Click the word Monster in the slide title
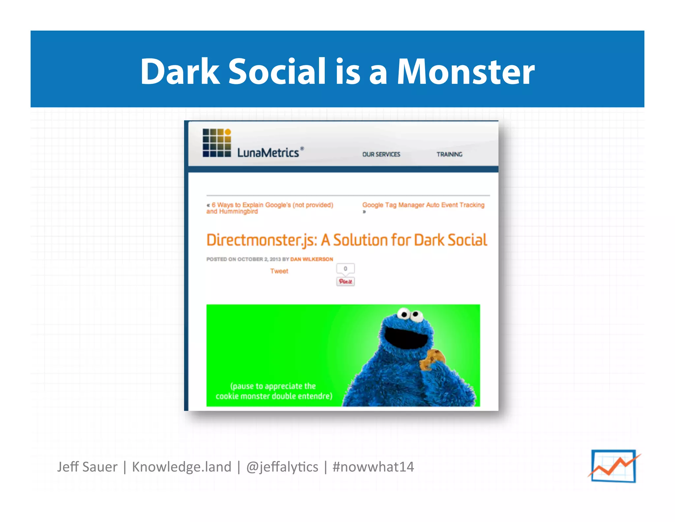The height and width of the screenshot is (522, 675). point(465,72)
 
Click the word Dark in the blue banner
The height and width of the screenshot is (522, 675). point(180,72)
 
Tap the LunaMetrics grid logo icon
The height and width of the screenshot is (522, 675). point(217,143)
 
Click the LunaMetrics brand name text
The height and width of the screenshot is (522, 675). point(268,153)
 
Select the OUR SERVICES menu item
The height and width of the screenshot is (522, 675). point(381,154)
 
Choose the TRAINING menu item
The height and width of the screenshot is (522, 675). point(449,154)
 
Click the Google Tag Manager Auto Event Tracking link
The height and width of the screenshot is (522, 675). point(423,205)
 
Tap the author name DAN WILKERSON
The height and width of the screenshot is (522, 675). point(311,259)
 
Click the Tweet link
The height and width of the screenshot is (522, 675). point(279,271)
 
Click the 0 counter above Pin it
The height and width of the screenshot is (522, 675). point(345,269)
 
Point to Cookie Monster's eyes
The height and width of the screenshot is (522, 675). point(409,314)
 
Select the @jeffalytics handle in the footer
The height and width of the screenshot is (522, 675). point(282,467)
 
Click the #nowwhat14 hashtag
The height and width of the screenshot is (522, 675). point(373,467)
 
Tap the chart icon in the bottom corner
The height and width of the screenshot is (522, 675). point(613,466)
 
